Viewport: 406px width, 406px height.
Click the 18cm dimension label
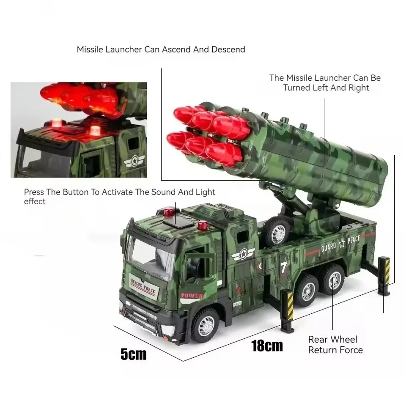[267, 346]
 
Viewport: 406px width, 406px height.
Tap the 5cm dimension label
[133, 354]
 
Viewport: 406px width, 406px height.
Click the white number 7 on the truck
[283, 267]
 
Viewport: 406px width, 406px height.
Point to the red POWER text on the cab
[192, 296]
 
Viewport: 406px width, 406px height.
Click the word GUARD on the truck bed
[329, 247]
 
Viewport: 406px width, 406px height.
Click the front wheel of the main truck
[205, 324]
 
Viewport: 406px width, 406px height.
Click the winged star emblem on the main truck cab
[243, 254]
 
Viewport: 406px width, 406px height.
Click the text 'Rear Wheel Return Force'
[335, 345]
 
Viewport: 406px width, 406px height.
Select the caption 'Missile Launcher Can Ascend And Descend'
[161, 49]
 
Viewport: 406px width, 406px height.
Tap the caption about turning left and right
[325, 83]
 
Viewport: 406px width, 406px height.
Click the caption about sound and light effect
[119, 197]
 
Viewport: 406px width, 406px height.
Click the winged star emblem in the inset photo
[134, 161]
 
